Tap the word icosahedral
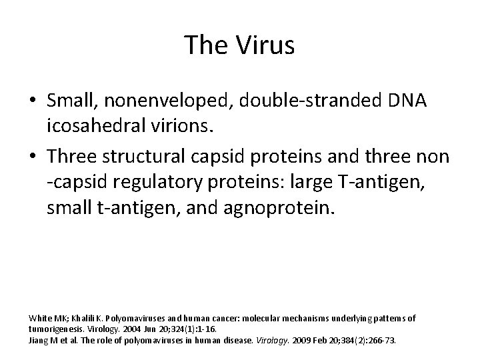[x=91, y=125]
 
